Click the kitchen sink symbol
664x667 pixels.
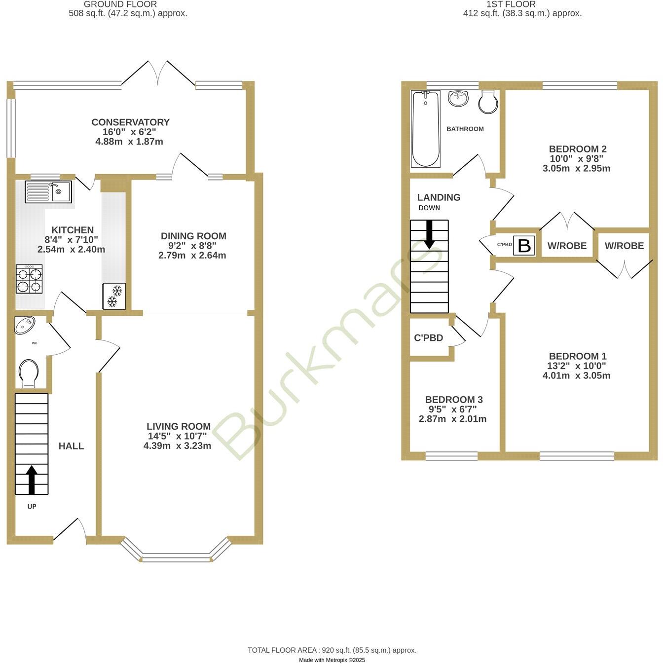pos(48,191)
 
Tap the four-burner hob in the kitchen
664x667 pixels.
pos(29,279)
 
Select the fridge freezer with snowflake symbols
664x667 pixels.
pos(113,296)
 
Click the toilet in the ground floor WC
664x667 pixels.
pos(28,373)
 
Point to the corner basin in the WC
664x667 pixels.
pos(25,325)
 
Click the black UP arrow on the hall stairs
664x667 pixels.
pos(32,480)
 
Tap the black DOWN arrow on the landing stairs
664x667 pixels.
pos(429,234)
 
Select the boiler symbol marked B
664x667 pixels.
pos(524,245)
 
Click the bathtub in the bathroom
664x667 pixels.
pos(425,129)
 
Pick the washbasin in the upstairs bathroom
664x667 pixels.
pos(458,98)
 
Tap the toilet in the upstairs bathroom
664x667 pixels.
pos(488,102)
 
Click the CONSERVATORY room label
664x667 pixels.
pos(130,122)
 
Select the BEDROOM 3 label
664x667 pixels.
pos(453,400)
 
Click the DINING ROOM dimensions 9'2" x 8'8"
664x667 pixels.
pos(192,246)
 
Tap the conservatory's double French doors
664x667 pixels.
pos(158,74)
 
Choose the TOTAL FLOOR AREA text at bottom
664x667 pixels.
pos(332,650)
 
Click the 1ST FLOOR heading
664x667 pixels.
pos(511,4)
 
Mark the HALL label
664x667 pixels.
pos(71,446)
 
